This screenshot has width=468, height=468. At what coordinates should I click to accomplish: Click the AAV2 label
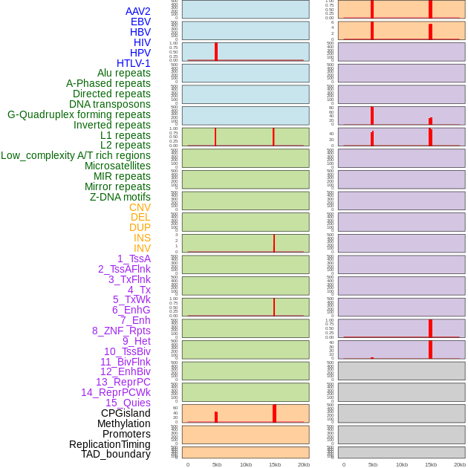point(138,11)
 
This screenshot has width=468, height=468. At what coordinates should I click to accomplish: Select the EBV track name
point(140,22)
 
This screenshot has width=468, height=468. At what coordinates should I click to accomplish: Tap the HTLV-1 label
point(134,63)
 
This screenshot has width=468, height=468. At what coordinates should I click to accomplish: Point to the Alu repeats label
point(124,73)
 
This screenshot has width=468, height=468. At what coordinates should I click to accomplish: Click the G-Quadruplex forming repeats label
point(79,114)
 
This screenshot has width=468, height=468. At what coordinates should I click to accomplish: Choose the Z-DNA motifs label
point(120,197)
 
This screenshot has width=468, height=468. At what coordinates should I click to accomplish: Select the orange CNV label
point(140,207)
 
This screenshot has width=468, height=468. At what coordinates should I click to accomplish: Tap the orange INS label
point(142,238)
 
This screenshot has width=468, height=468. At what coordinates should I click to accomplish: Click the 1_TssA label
point(134,259)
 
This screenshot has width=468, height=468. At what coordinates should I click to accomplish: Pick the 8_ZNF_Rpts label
point(121,331)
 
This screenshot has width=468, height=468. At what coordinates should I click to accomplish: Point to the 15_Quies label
point(128,403)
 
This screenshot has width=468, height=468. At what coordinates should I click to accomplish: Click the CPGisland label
point(126,413)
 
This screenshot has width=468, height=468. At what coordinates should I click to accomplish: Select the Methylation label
point(124,423)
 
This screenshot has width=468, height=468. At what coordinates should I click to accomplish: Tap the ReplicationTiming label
point(110,444)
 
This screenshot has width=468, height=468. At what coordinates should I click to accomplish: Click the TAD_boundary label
point(116,454)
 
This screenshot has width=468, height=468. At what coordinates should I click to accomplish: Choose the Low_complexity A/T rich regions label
point(76,155)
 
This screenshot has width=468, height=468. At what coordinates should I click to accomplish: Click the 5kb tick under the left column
point(217,464)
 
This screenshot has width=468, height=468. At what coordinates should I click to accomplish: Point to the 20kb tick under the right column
point(460,464)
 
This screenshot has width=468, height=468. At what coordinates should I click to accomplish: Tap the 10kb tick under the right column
point(402,464)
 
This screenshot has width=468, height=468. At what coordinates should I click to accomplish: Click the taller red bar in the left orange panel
point(274,413)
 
